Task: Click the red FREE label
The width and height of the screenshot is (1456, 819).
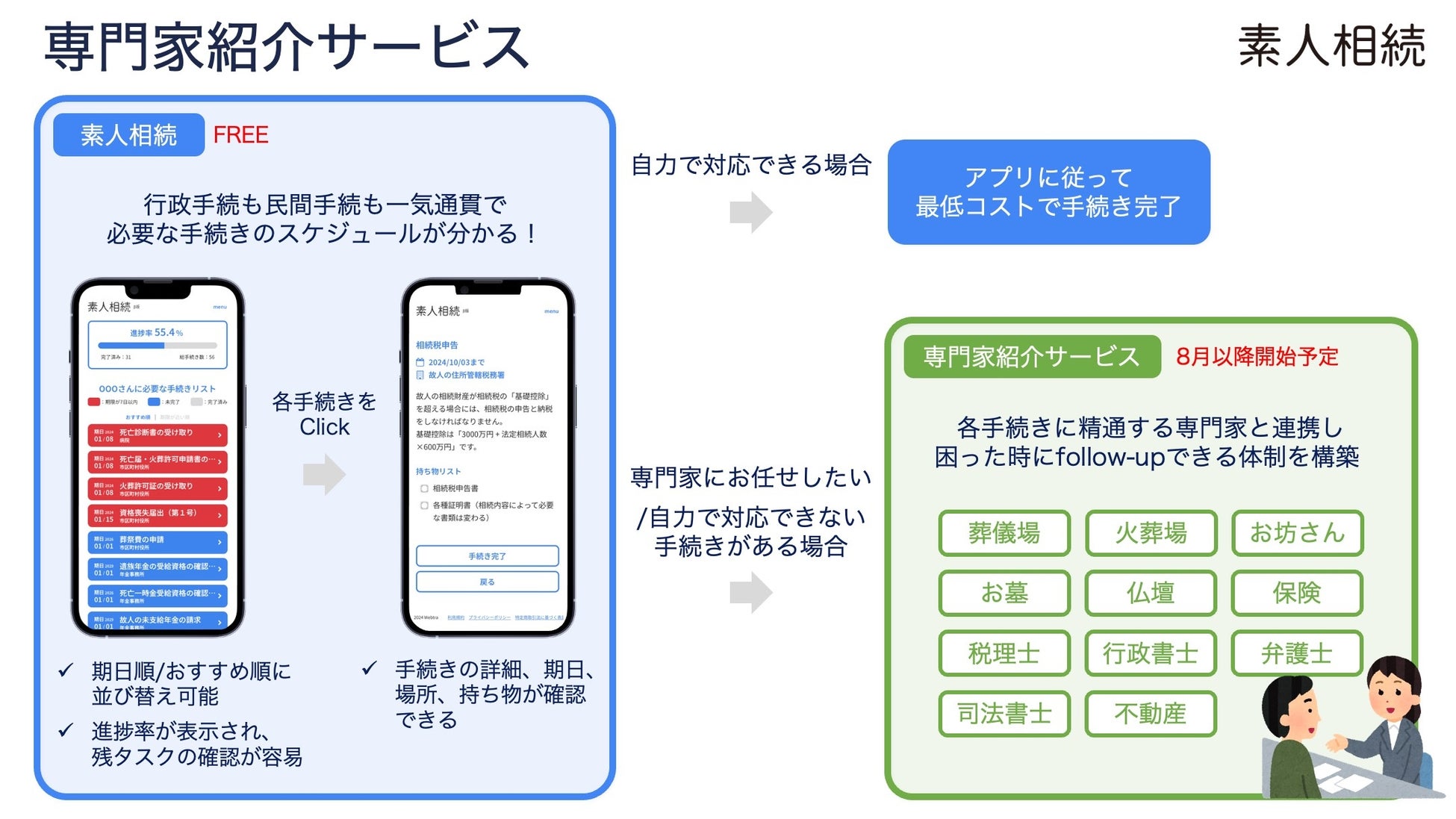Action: pos(240,135)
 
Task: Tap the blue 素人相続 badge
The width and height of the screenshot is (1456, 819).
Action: pos(128,135)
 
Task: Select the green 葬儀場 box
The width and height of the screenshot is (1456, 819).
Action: pos(1004,533)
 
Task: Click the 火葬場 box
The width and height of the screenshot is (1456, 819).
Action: pos(1151,533)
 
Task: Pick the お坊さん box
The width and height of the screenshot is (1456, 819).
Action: pos(1297,533)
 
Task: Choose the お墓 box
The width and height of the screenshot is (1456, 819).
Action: pos(1004,593)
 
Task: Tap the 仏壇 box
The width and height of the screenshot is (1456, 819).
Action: pos(1151,593)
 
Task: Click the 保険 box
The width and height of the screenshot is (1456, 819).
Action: pos(1297,593)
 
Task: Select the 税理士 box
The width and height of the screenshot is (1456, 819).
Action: pos(1004,653)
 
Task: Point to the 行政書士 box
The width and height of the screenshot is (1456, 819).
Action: pos(1151,653)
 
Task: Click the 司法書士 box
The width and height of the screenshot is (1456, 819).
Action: pos(1004,714)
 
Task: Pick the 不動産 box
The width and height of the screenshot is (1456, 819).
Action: pos(1151,714)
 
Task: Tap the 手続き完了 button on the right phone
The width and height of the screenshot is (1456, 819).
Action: pos(487,556)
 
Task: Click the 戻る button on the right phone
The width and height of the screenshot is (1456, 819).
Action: pos(487,582)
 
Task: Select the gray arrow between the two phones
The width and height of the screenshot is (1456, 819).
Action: pos(325,475)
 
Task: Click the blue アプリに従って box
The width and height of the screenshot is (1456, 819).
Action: pos(1048,192)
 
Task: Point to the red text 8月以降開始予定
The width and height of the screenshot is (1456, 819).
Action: pos(1257,357)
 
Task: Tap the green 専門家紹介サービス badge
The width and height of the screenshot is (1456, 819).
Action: pos(1031,357)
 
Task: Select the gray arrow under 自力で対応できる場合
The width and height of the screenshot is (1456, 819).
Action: pos(751,213)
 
